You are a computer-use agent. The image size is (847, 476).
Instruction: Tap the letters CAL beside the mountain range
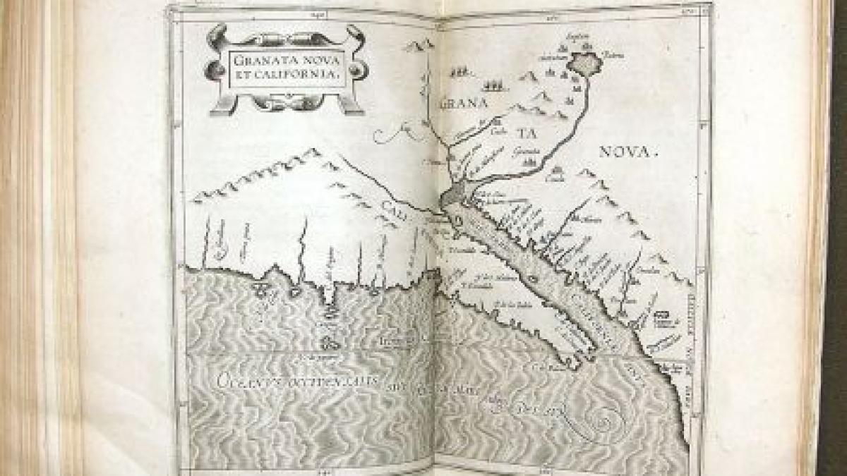click(x=396, y=206)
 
